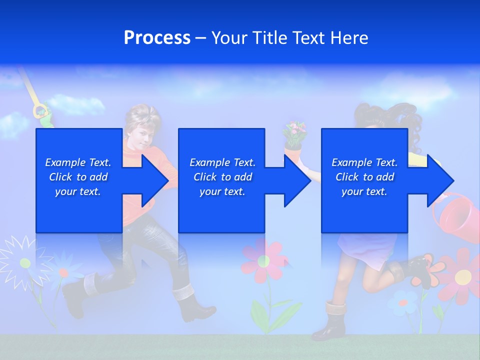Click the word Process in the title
157,38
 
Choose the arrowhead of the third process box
439,180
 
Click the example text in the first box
78,177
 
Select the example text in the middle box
222,177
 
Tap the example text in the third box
364,177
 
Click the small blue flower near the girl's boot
403,301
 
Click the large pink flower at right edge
463,275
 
